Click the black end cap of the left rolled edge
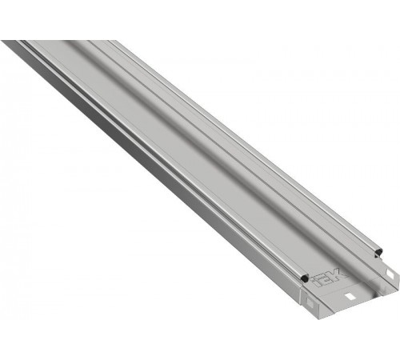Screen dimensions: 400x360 click(x=304, y=278)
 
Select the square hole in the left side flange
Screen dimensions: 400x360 click(x=310, y=302)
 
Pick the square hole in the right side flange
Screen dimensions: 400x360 click(x=390, y=274)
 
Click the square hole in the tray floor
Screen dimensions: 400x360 click(x=350, y=296)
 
